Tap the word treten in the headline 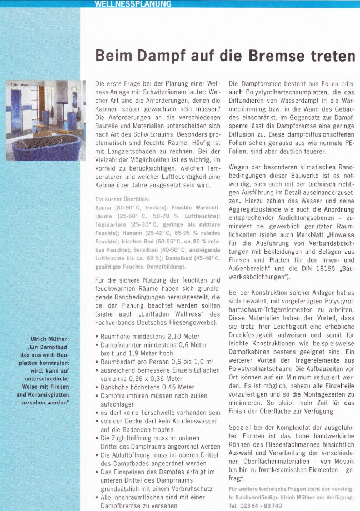[333, 56]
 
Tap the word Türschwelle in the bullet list [155, 413]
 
